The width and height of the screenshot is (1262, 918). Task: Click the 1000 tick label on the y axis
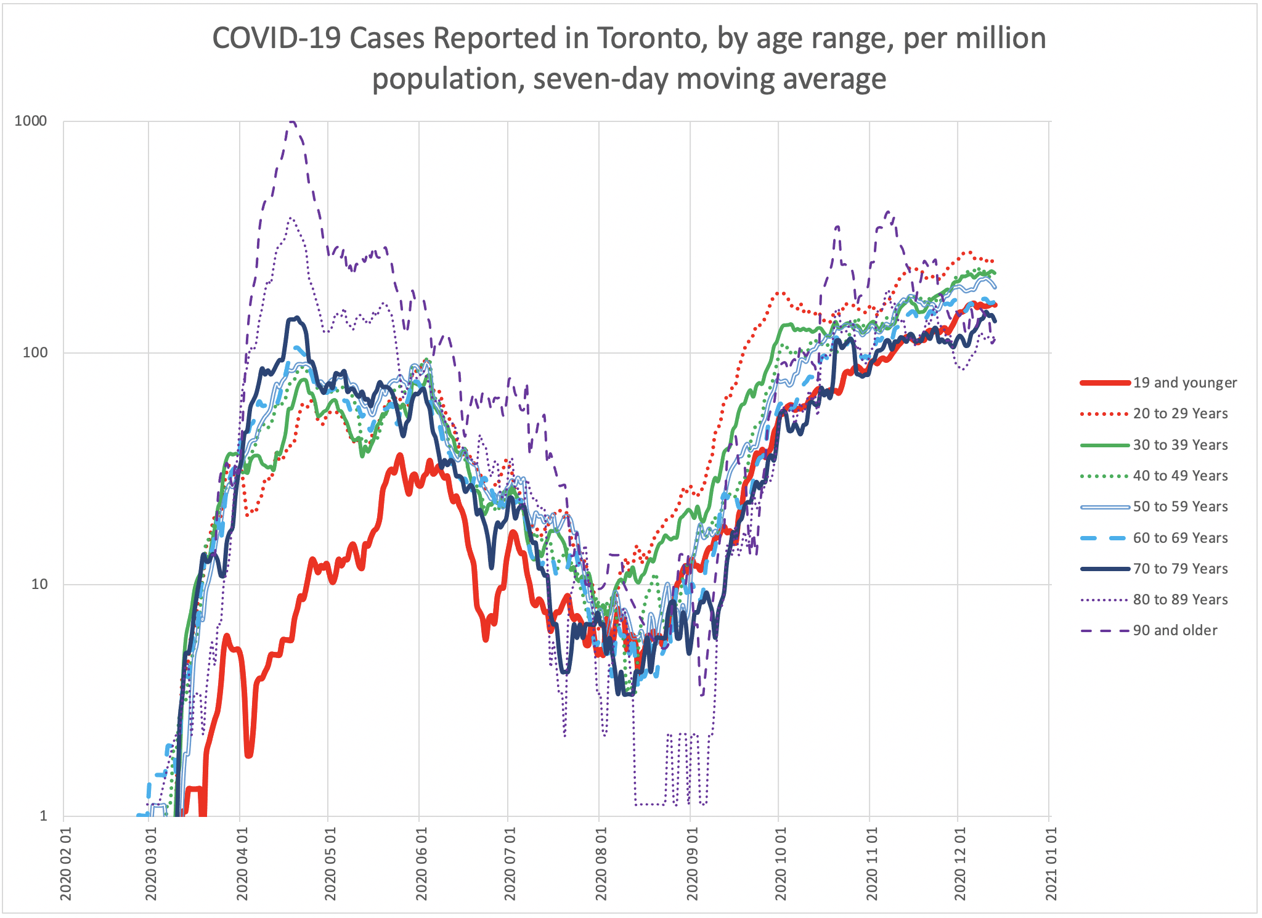31,121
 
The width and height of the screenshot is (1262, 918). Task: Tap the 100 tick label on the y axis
35,352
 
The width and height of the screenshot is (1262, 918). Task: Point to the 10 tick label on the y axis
39,584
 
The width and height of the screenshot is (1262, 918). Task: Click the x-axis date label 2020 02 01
66,863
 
